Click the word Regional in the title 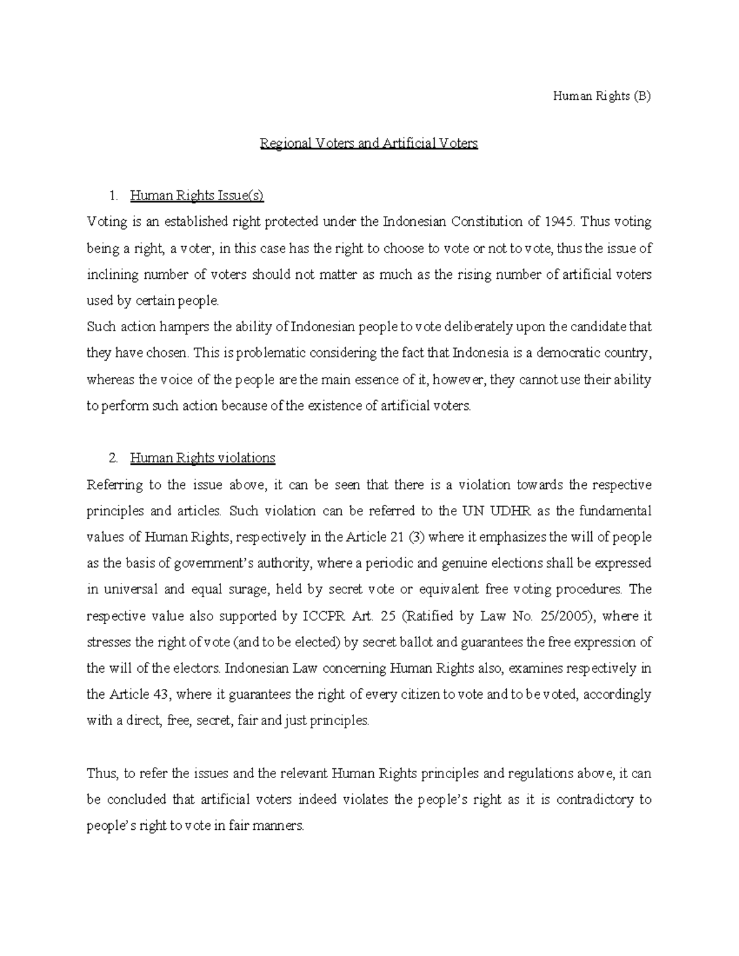tap(286, 144)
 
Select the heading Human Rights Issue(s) tap(196, 196)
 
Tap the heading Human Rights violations tap(203, 459)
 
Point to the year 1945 tap(560, 222)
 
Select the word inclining tap(110, 275)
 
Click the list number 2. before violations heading tap(113, 459)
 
